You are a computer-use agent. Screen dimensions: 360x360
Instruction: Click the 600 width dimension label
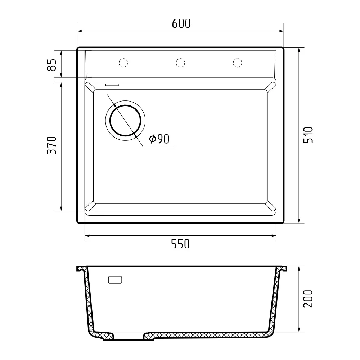pos(181,23)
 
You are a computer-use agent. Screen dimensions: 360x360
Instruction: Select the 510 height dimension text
pos(309,135)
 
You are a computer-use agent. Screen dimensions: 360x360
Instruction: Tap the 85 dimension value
pos(52,65)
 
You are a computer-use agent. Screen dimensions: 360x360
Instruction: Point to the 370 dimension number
pos(53,145)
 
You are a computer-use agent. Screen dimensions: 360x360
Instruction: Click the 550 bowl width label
pos(180,244)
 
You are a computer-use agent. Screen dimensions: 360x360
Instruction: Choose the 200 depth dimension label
pos(309,298)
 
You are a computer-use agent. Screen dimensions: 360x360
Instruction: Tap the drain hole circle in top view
pos(125,120)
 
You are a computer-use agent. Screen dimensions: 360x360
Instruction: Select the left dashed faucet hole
pos(123,63)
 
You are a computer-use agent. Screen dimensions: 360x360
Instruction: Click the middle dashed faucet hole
pos(180,63)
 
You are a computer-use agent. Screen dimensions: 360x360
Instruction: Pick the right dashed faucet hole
pos(237,63)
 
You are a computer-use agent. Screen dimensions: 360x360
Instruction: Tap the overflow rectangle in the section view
pos(115,280)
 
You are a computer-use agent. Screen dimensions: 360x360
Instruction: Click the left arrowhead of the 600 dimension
pos(79,31)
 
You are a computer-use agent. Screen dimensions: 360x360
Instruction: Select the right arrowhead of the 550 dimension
pos(274,236)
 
